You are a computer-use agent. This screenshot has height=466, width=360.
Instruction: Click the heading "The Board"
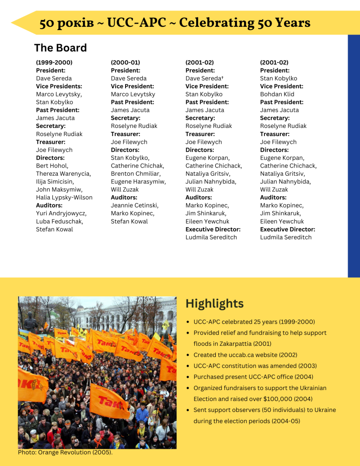click(x=60, y=48)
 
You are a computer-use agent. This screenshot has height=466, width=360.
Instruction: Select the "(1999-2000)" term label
click(x=54, y=62)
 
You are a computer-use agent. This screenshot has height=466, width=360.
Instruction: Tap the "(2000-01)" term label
click(x=125, y=62)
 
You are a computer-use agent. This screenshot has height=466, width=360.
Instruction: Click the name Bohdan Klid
click(x=277, y=94)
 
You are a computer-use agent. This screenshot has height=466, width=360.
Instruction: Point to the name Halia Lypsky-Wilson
click(x=64, y=198)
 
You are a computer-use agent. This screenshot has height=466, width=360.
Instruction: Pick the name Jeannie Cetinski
click(x=135, y=205)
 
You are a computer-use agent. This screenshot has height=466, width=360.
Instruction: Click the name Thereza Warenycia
click(x=63, y=173)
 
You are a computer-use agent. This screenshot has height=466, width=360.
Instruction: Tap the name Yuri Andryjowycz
click(x=61, y=213)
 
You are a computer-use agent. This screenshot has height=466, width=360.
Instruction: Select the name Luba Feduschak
click(x=60, y=221)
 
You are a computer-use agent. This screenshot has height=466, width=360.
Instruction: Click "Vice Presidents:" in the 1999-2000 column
click(x=59, y=86)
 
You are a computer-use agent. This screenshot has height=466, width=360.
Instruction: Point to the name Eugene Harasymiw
click(x=138, y=182)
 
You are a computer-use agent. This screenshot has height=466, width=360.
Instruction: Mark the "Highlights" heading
click(x=214, y=304)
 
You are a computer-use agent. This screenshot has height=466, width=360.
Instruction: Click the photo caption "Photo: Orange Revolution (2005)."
click(x=65, y=452)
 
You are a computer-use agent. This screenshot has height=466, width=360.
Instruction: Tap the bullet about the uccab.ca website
click(x=241, y=355)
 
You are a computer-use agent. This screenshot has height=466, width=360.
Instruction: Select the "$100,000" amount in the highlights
click(x=268, y=399)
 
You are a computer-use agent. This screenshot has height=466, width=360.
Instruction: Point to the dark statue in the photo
click(x=30, y=322)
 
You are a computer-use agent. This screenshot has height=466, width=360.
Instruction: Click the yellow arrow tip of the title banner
click(x=15, y=23)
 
